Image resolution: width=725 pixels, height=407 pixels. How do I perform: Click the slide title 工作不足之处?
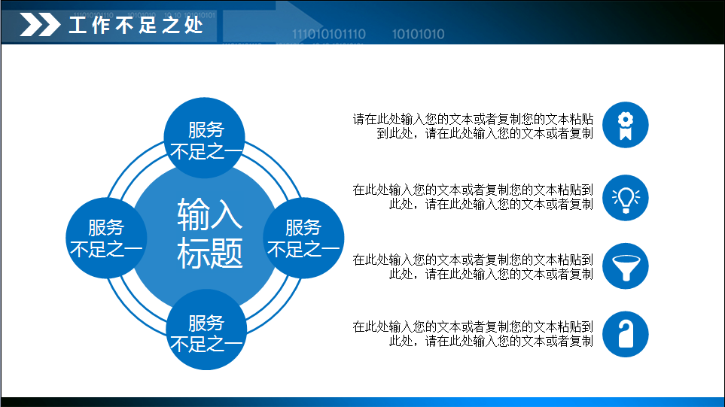[x=136, y=26]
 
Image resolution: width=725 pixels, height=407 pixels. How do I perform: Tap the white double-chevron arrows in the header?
[x=39, y=26]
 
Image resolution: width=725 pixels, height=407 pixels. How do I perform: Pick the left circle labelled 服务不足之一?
[x=105, y=238]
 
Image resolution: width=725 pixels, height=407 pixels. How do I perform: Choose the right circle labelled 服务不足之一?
[x=303, y=238]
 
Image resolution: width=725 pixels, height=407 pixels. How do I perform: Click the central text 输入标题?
[x=210, y=233]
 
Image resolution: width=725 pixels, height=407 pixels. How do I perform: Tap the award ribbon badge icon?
[x=625, y=126]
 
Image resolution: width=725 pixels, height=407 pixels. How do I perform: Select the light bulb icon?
[x=625, y=197]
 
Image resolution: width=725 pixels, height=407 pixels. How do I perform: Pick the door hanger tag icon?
[x=625, y=333]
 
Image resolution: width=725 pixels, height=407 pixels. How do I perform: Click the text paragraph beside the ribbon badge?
[x=473, y=126]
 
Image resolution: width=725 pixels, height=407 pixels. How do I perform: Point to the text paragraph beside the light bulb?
[x=473, y=196]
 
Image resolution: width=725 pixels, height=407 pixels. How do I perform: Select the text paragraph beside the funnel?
[x=473, y=266]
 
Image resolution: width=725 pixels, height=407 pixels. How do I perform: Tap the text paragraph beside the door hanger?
[x=473, y=334]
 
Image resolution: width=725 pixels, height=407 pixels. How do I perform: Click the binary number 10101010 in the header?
[x=418, y=34]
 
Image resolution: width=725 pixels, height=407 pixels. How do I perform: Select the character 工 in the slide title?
[x=79, y=26]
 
